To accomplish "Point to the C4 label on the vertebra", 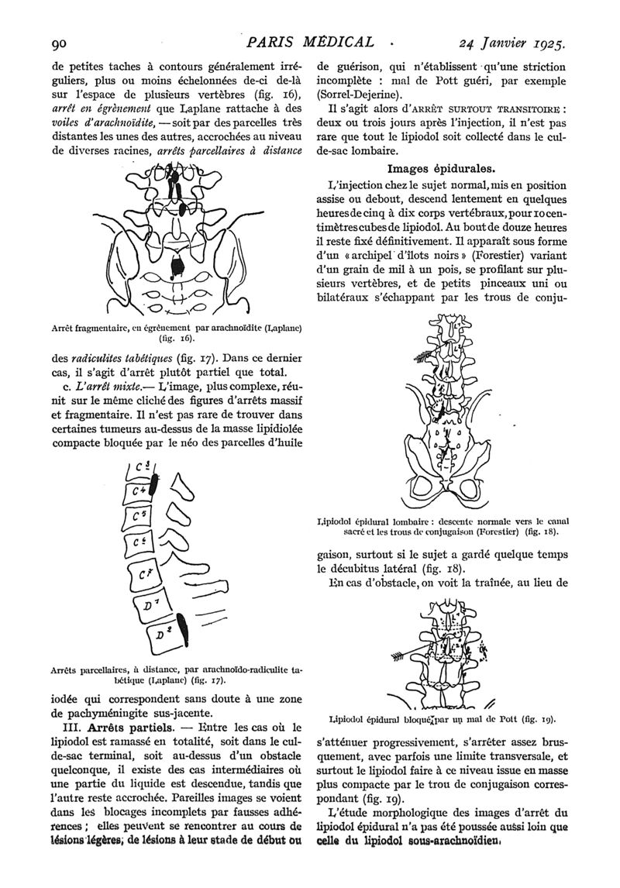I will point(140,491).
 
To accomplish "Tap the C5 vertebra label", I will point(140,515).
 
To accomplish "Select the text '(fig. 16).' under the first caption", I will point(173,339).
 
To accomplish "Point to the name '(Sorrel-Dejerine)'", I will point(360,95).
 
